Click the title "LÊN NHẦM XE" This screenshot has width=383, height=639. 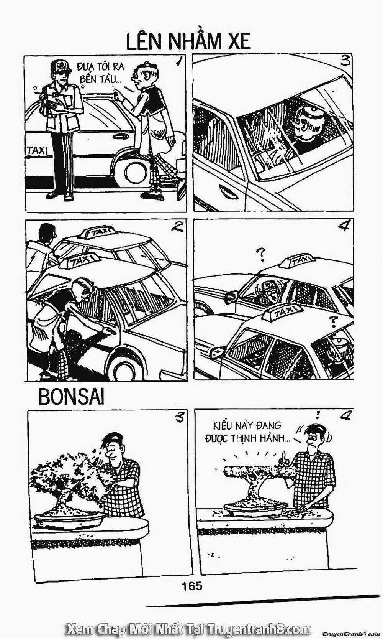click(188, 42)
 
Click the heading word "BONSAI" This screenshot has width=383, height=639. click(71, 397)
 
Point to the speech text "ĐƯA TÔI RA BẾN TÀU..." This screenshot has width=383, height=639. click(101, 73)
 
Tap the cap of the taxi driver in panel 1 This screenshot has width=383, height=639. click(61, 66)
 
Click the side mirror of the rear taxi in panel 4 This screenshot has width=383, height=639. click(231, 297)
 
